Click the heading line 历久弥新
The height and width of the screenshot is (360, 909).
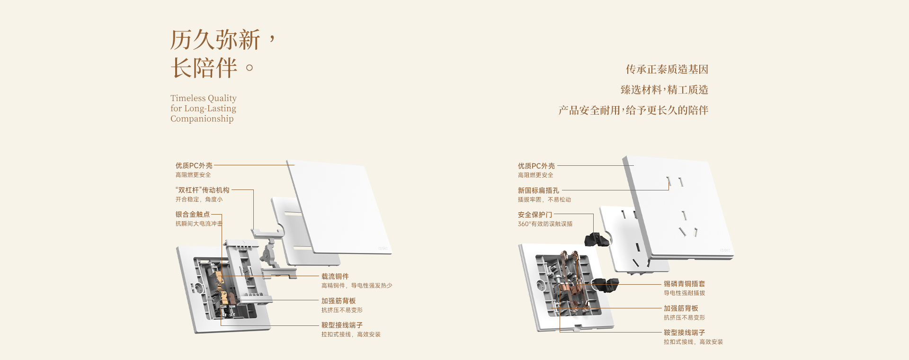tap(215, 40)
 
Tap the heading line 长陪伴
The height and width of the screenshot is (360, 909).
tap(204, 68)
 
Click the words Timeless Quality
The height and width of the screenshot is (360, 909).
tap(204, 98)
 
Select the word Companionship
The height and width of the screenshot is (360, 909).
tap(202, 119)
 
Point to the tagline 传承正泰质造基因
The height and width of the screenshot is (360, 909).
tap(667, 70)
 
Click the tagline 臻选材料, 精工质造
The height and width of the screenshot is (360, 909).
tap(664, 90)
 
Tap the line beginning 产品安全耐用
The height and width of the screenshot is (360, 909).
tap(633, 110)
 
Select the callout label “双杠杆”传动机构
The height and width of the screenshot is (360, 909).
tap(202, 190)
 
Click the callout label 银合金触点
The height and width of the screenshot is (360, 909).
tap(193, 215)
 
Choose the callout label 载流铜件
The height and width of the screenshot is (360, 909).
tap(335, 277)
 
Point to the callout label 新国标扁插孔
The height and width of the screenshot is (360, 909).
tap(538, 190)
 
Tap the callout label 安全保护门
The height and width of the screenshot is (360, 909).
tap(535, 215)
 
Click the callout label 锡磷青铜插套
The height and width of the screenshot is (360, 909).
tap(684, 284)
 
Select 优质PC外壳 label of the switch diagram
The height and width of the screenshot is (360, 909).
tap(194, 166)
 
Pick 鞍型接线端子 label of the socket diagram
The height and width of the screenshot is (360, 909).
tap(684, 333)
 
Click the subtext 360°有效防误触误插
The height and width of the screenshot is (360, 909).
tap(545, 224)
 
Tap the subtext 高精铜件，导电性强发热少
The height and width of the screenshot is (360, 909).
tap(356, 286)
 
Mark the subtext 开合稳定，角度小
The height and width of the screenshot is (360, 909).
tap(199, 199)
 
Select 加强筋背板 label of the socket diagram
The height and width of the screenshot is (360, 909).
tap(681, 308)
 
